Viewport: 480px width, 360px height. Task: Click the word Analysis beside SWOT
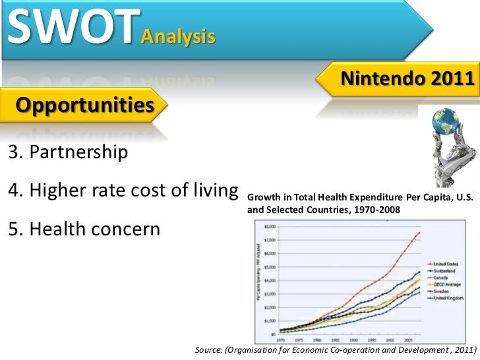[x=177, y=37]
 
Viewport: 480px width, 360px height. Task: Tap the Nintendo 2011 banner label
[x=406, y=80]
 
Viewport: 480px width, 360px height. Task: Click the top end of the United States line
[x=420, y=233]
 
